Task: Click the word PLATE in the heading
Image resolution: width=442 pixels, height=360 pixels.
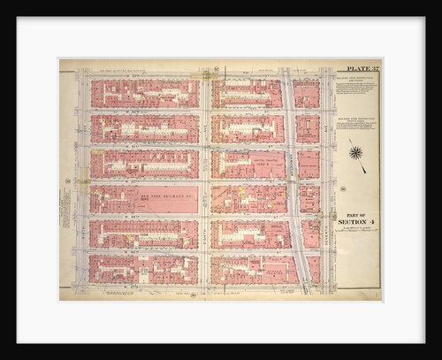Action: pos(352,67)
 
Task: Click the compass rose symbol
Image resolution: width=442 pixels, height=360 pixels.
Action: pos(356,152)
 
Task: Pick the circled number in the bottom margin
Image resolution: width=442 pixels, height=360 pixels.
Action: pos(193,295)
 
